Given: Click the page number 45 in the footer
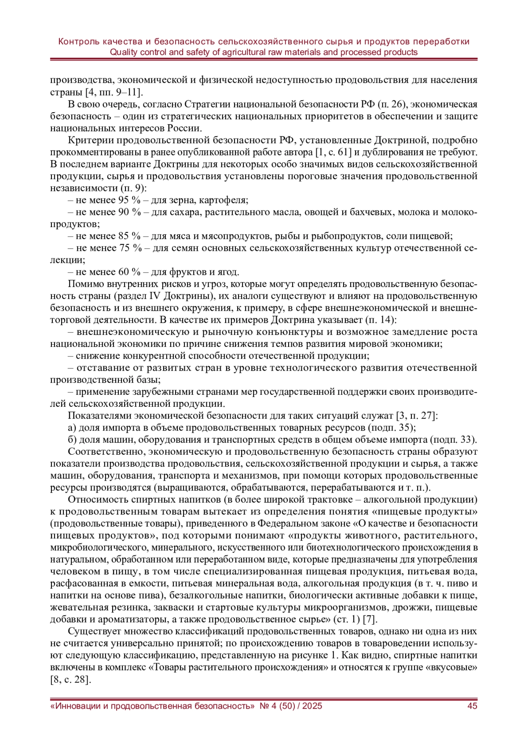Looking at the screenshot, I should pos(472,706).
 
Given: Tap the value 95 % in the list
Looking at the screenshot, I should pos(129,200).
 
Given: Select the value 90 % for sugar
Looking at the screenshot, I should pos(129,212).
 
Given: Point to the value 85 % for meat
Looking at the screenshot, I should pos(129,236).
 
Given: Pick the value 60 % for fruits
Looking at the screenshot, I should pos(129,272).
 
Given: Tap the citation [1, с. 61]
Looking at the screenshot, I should pos(334,152).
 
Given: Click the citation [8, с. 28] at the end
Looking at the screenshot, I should pos(71,679).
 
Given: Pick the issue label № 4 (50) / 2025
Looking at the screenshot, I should pos(291,706).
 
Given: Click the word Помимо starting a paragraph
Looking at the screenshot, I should pos(86,284).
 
